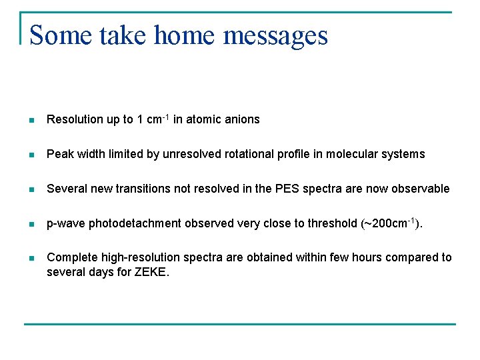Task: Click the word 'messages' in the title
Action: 275,35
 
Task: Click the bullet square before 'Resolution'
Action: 31,120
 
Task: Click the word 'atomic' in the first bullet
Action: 204,120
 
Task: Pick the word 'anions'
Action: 242,120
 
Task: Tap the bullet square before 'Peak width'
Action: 31,155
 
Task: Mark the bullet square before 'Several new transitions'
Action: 31,189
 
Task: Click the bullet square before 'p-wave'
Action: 31,224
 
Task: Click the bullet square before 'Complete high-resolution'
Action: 31,258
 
